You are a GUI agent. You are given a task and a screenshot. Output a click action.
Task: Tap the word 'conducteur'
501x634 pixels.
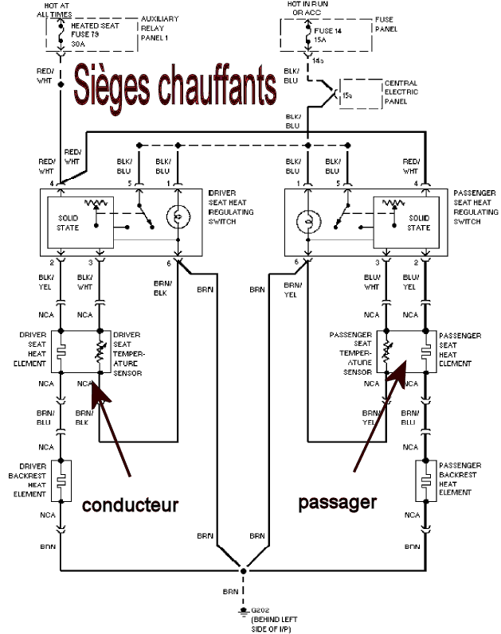(x=130, y=506)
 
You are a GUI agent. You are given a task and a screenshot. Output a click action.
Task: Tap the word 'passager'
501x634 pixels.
(x=336, y=502)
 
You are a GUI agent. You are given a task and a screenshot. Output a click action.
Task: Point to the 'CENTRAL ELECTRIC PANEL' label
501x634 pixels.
(x=401, y=92)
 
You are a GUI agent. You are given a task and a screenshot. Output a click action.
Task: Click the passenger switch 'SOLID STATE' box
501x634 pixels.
(x=417, y=223)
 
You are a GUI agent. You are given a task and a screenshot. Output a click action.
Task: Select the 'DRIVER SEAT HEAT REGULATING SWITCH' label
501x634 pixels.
(x=230, y=208)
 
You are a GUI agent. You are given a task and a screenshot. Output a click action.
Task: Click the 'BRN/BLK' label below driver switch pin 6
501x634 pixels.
(x=162, y=287)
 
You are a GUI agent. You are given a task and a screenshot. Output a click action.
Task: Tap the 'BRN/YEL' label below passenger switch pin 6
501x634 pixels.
(x=293, y=288)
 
